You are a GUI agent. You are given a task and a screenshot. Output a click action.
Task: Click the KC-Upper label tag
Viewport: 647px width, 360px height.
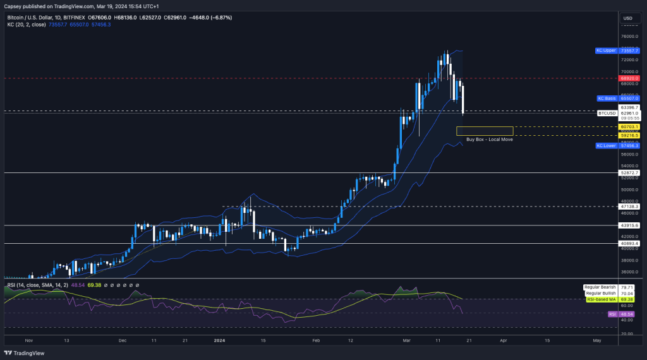coord(605,50)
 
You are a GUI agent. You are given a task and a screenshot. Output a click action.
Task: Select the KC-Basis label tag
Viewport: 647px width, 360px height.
coord(607,99)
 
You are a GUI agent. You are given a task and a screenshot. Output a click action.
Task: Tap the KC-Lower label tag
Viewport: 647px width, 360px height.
coord(607,145)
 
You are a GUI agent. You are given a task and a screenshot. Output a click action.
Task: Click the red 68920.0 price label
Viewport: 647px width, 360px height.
coord(630,78)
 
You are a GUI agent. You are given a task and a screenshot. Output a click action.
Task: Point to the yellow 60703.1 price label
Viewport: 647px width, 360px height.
coord(630,127)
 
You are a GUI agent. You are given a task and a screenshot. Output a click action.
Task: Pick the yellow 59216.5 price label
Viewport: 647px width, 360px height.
coord(630,135)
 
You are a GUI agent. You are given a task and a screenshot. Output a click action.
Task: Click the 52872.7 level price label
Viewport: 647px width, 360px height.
coord(630,172)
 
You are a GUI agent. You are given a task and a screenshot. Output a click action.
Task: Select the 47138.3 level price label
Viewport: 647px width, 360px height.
coord(630,206)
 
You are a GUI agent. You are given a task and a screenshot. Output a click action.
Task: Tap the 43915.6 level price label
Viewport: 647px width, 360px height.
coord(630,225)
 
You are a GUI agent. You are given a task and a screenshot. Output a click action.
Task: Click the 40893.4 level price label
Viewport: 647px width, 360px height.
coord(630,243)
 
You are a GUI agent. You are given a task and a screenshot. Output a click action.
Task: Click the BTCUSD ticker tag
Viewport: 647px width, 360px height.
coord(607,113)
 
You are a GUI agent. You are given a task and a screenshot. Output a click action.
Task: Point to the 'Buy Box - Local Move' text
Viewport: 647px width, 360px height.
coord(489,139)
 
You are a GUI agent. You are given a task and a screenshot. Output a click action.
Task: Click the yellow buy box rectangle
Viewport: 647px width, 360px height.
coord(485,131)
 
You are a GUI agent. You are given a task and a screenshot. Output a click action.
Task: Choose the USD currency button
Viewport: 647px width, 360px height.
coord(628,18)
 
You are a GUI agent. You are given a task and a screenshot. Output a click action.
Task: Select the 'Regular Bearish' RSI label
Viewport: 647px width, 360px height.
coord(600,287)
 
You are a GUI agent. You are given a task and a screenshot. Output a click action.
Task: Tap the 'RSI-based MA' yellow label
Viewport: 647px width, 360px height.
coord(602,299)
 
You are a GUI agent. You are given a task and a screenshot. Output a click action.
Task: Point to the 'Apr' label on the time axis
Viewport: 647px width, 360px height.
coord(503,340)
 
